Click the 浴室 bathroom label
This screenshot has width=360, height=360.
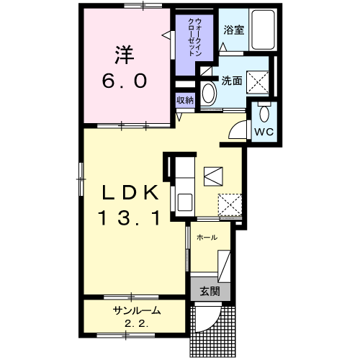[x=234, y=30]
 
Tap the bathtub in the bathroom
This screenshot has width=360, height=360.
[x=263, y=30]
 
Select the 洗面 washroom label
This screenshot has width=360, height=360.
[x=232, y=81]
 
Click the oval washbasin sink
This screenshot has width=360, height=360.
[x=208, y=93]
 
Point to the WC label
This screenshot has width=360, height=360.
[x=264, y=132]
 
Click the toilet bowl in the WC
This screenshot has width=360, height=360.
[x=264, y=114]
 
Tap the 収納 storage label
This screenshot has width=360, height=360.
[x=185, y=100]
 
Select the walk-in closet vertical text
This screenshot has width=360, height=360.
[x=194, y=37]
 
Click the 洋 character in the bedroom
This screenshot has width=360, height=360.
[x=124, y=55]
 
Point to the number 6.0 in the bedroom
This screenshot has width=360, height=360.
[x=124, y=81]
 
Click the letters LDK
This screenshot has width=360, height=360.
[x=130, y=192]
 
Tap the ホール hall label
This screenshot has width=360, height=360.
[x=207, y=238]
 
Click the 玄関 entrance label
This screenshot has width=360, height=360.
[x=210, y=292]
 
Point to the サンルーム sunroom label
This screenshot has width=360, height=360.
[x=137, y=310]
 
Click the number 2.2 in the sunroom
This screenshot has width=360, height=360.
[x=136, y=325]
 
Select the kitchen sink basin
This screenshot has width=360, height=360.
[x=184, y=202]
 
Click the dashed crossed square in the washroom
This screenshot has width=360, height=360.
[x=258, y=82]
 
